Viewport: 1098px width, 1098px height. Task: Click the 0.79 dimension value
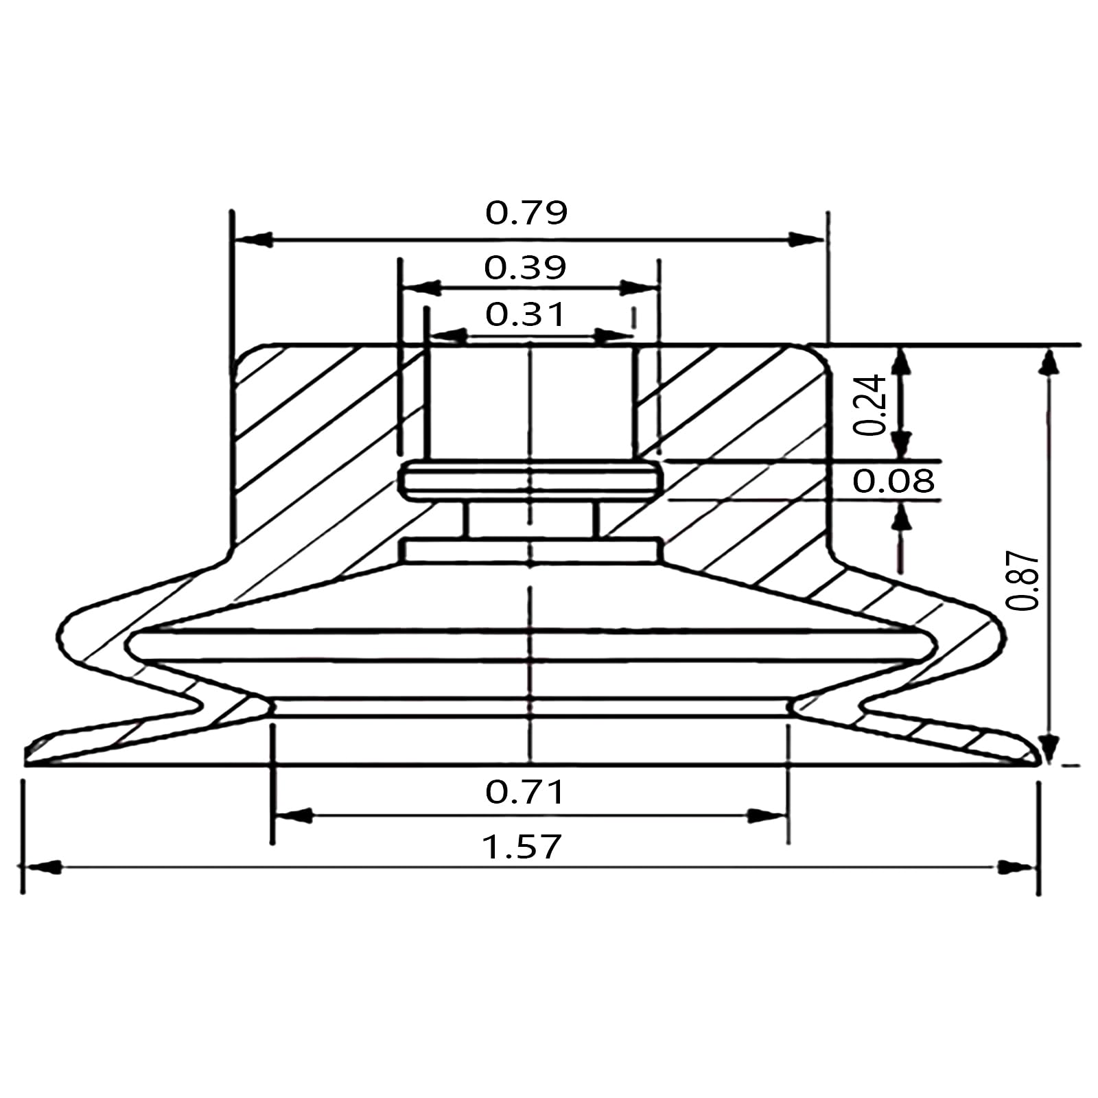[526, 213]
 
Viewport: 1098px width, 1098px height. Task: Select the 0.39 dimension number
[525, 268]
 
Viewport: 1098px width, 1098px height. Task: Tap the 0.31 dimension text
[526, 315]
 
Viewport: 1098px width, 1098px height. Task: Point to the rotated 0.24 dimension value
[870, 405]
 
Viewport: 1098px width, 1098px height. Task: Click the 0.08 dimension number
[893, 481]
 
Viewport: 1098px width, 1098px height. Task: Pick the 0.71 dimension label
[525, 793]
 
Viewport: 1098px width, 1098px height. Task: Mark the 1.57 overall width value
[522, 847]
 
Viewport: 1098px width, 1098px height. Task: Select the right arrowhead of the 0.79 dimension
[804, 240]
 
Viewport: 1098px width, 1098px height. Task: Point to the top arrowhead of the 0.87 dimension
[1047, 362]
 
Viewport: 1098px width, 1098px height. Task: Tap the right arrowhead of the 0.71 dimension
[766, 816]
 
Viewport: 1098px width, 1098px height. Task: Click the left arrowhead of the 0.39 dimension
[421, 288]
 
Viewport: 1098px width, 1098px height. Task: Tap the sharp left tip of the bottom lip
[29, 760]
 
